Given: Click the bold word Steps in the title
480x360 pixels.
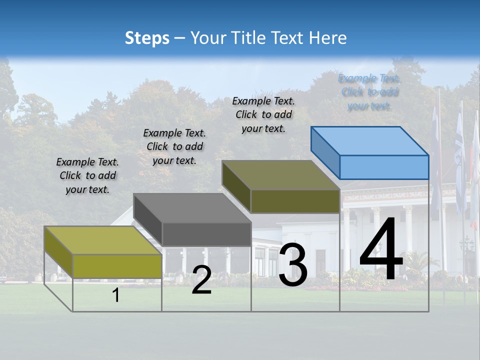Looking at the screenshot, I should [x=147, y=38].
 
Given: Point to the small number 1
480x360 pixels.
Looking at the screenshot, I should [x=116, y=295].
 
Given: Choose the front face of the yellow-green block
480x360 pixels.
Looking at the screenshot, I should [x=117, y=266].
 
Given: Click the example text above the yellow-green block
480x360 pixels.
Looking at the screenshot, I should [x=87, y=175].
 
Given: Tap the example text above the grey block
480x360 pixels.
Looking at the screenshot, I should [x=174, y=146].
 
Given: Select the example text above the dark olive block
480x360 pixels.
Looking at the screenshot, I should [x=263, y=114].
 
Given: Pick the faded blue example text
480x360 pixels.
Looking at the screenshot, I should [x=369, y=92].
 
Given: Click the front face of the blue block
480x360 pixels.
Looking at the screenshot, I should [x=384, y=167].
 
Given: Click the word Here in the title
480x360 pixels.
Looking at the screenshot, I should [x=328, y=38].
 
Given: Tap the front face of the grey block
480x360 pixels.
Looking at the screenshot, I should [x=206, y=234].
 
